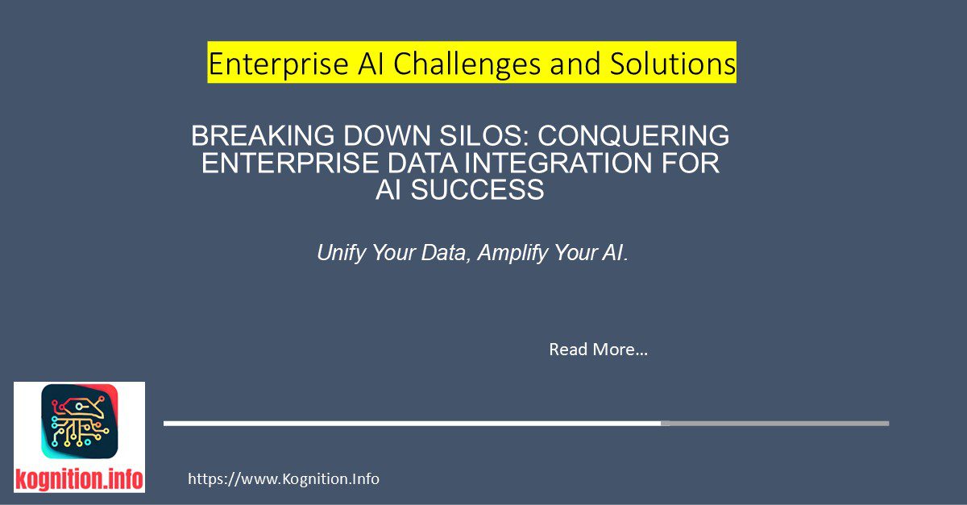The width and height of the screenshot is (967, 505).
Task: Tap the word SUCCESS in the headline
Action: [x=484, y=190]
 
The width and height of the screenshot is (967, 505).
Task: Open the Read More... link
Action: [x=598, y=350]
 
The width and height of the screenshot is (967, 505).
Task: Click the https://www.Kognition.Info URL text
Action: [x=284, y=479]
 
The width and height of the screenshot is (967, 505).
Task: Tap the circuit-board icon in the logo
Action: [x=79, y=424]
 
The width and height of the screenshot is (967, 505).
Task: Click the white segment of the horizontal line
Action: [x=411, y=423]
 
